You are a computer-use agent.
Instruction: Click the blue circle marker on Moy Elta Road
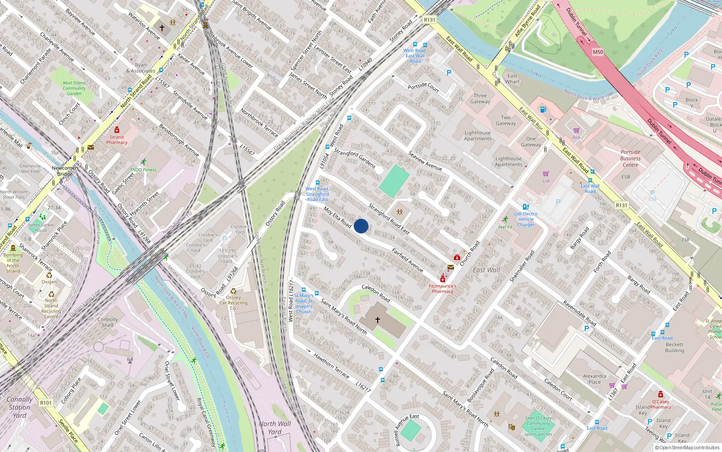pyautogui.click(x=361, y=226)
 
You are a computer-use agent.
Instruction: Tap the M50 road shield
pyautogui.click(x=598, y=52)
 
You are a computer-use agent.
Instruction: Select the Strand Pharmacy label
pyautogui.click(x=117, y=140)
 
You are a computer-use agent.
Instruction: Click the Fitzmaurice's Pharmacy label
pyautogui.click(x=442, y=288)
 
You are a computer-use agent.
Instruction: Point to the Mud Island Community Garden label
pyautogui.click(x=74, y=88)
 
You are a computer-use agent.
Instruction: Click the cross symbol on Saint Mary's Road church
pyautogui.click(x=378, y=320)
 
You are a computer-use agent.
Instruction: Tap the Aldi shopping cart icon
pyautogui.click(x=576, y=131)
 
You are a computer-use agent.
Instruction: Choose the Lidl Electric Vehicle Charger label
pyautogui.click(x=526, y=219)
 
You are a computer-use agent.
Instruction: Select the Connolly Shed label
pyautogui.click(x=107, y=322)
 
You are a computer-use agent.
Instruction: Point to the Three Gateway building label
pyautogui.click(x=480, y=99)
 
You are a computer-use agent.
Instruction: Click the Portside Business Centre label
pyautogui.click(x=630, y=158)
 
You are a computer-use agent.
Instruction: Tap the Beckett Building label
pyautogui.click(x=674, y=347)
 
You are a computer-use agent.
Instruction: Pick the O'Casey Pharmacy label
pyautogui.click(x=661, y=404)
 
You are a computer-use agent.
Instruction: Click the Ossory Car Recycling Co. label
pyautogui.click(x=233, y=303)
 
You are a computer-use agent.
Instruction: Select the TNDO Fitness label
pyautogui.click(x=143, y=170)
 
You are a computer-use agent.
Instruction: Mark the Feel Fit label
pyautogui.click(x=505, y=227)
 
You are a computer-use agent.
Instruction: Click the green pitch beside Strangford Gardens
pyautogui.click(x=394, y=181)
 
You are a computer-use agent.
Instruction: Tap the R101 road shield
pyautogui.click(x=46, y=403)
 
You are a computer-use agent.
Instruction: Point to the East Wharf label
pyautogui.click(x=512, y=79)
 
